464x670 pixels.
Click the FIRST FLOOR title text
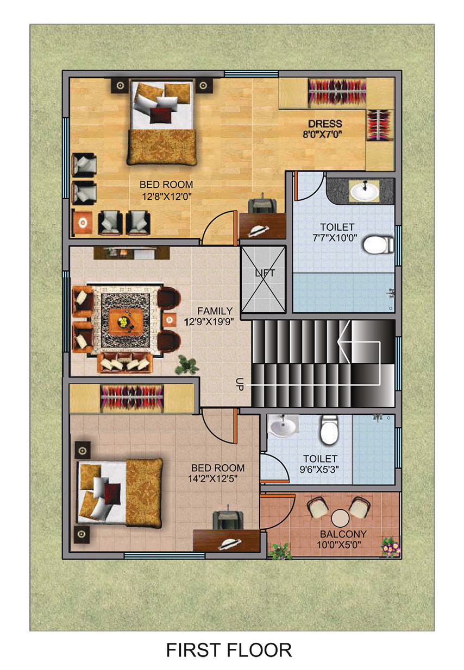(x=229, y=650)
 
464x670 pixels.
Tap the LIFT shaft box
(x=264, y=280)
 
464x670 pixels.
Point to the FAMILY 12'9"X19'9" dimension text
(x=208, y=322)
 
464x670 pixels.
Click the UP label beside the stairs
(x=240, y=384)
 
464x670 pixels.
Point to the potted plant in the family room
(x=187, y=364)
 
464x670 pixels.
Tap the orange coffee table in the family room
(x=123, y=322)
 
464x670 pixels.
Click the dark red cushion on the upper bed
(x=161, y=116)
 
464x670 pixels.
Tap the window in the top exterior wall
(x=251, y=74)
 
